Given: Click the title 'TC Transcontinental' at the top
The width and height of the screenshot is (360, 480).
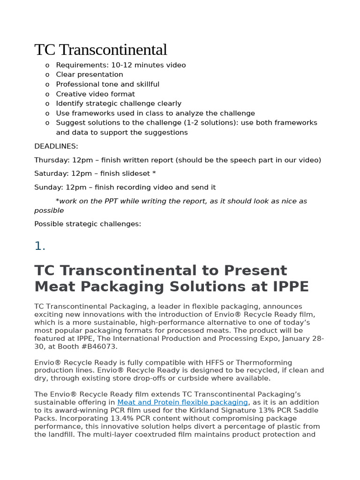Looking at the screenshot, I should point(100,50).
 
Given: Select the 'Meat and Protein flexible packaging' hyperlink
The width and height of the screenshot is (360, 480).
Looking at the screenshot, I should point(182,402).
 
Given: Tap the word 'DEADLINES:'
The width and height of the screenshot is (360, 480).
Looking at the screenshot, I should point(56,146).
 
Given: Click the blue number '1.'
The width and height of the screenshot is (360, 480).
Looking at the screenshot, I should point(40,246).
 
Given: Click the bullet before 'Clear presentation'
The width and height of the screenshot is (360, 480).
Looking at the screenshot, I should point(47,75).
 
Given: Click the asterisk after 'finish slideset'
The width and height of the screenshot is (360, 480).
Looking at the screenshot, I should point(154,173).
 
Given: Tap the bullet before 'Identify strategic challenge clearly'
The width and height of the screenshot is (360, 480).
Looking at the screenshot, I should point(47,104).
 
